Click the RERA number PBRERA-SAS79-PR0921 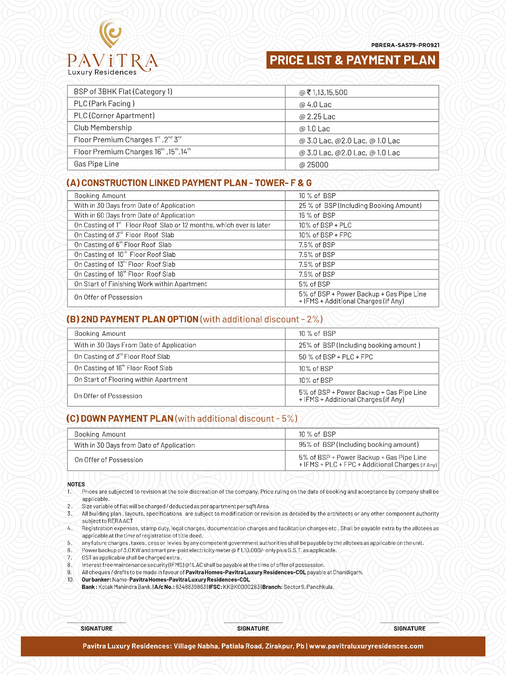(405, 45)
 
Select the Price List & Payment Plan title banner (352, 60)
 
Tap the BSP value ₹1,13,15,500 (323, 93)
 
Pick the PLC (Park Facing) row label (104, 104)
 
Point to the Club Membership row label (103, 128)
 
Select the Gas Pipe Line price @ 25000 (314, 165)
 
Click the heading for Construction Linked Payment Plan (189, 183)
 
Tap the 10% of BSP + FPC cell (325, 235)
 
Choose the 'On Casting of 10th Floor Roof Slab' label (125, 255)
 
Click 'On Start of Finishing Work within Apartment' (140, 284)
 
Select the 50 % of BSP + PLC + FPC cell (336, 357)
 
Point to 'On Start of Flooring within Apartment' (131, 380)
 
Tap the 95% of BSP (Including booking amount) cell (359, 445)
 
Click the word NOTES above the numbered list (76, 484)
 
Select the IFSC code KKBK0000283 (241, 587)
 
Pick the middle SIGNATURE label (253, 629)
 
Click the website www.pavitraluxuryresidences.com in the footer (366, 646)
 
